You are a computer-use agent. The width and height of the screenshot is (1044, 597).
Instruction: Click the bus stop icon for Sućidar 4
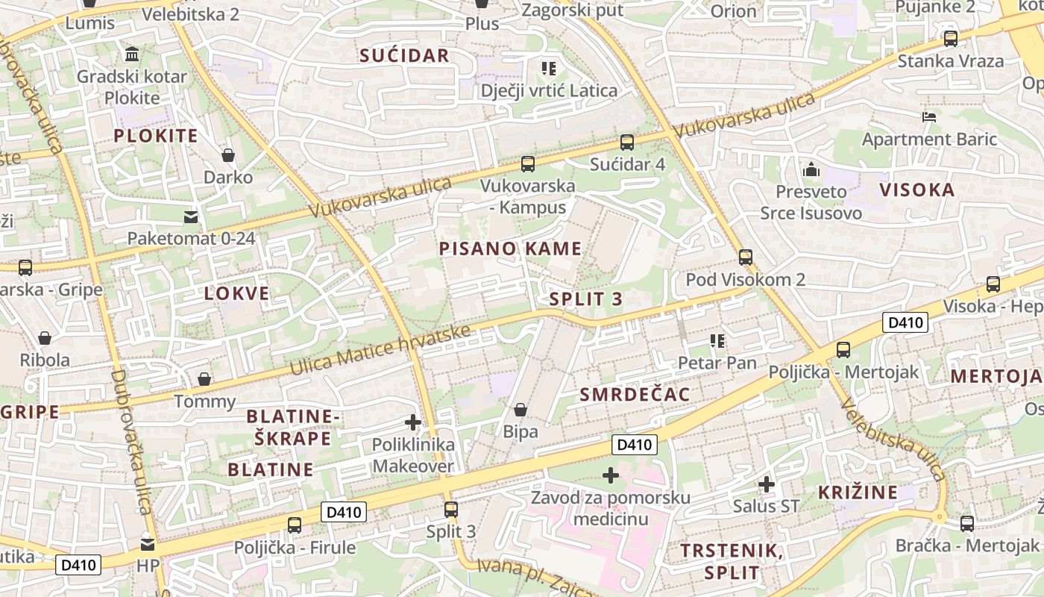coord(627,142)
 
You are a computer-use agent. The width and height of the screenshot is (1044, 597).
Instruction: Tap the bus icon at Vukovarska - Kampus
coord(528,163)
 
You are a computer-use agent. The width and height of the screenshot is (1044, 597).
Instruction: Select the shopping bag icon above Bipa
coord(521,410)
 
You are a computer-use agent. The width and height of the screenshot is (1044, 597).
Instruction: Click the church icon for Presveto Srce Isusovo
coord(811,169)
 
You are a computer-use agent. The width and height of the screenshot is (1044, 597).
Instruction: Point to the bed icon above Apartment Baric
coord(929,116)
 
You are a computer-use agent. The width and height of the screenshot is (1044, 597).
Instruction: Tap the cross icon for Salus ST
coord(767,484)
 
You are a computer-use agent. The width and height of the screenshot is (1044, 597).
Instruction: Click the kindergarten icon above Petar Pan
coord(717,341)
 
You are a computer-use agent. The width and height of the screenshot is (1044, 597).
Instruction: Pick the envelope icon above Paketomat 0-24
coord(192,217)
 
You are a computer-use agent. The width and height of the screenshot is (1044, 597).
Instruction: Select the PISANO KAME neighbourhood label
coord(510,249)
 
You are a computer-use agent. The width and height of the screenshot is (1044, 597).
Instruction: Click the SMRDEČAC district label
coord(635,395)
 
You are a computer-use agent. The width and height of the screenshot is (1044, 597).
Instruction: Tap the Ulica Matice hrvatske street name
coord(380,351)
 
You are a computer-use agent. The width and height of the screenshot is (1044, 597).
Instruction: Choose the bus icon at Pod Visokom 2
coord(746,257)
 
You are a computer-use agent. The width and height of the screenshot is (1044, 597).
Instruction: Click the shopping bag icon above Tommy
coord(204,379)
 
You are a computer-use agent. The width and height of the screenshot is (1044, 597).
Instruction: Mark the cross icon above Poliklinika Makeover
coord(412,422)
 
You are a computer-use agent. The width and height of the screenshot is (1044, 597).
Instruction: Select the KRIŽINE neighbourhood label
coord(858,493)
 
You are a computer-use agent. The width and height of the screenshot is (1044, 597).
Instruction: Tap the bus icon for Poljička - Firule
coord(295,525)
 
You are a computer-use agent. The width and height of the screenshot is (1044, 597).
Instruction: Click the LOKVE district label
coord(236,293)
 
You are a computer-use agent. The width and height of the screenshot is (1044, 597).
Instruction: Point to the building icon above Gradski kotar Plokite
coord(132,54)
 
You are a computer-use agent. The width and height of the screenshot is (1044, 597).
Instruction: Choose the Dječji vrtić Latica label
coord(549,91)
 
